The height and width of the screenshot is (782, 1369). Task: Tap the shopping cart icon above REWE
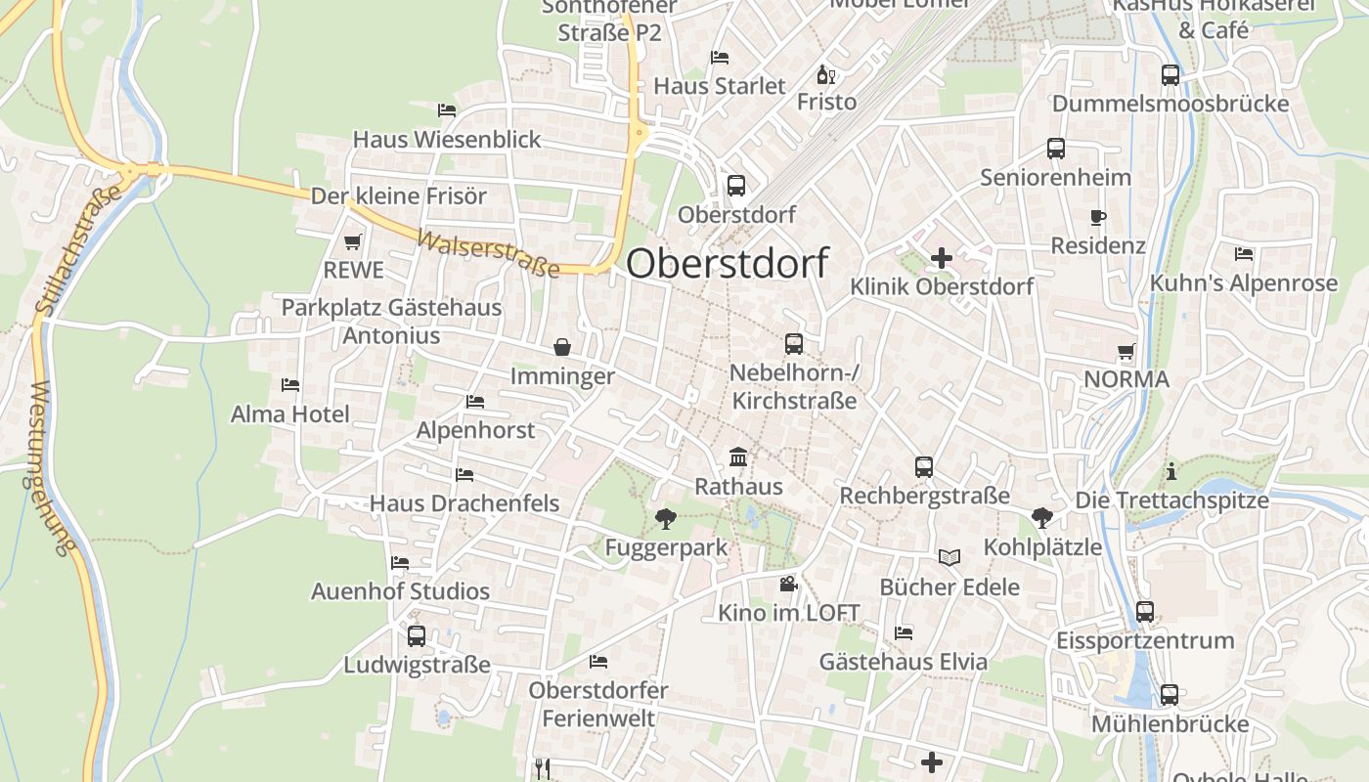pyautogui.click(x=352, y=241)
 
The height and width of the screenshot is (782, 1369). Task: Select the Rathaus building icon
pyautogui.click(x=738, y=457)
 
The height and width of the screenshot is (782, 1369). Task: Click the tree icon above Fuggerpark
pyautogui.click(x=666, y=518)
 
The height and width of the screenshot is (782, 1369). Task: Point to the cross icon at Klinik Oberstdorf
pyautogui.click(x=941, y=258)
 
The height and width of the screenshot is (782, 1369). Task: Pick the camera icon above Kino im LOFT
pyautogui.click(x=788, y=585)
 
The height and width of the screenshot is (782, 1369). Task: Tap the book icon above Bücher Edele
pyautogui.click(x=949, y=557)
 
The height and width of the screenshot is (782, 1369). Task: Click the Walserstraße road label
pyautogui.click(x=488, y=253)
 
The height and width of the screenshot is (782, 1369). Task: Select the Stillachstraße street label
pyautogui.click(x=78, y=249)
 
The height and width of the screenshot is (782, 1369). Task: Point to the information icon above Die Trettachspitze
pyautogui.click(x=1171, y=472)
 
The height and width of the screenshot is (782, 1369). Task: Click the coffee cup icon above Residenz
pyautogui.click(x=1097, y=217)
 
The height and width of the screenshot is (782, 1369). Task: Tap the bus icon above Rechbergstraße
pyautogui.click(x=924, y=467)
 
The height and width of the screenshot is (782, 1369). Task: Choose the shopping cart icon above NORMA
pyautogui.click(x=1126, y=351)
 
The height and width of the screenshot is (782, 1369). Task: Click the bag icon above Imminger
pyautogui.click(x=562, y=347)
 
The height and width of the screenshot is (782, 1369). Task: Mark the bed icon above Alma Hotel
pyautogui.click(x=290, y=385)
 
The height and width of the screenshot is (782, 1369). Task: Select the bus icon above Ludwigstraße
pyautogui.click(x=417, y=636)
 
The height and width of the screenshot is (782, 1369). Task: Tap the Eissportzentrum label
pyautogui.click(x=1145, y=641)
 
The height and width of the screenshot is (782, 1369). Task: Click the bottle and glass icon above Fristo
pyautogui.click(x=826, y=74)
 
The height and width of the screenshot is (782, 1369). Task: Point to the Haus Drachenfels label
pyautogui.click(x=464, y=503)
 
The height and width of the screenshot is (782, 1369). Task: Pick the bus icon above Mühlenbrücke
pyautogui.click(x=1170, y=695)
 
